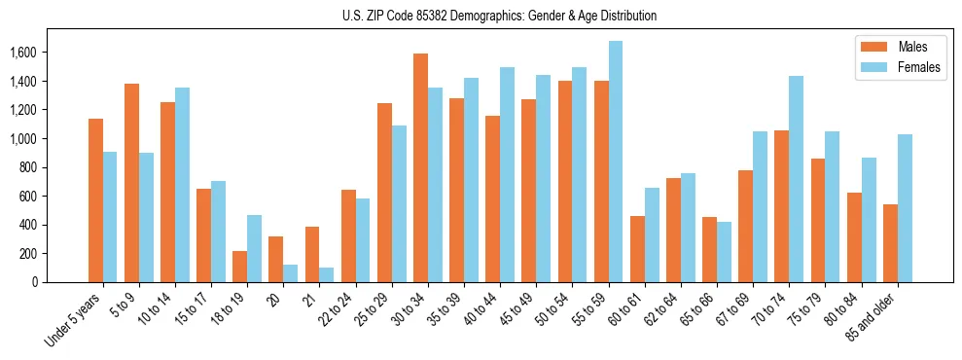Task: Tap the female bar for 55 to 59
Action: (616, 162)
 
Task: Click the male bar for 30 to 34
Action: (420, 167)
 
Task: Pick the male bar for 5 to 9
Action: (131, 183)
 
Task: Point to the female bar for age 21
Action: (327, 274)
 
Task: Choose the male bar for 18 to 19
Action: (239, 267)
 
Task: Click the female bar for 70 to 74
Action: (797, 179)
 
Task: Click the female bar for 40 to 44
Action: (507, 175)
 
